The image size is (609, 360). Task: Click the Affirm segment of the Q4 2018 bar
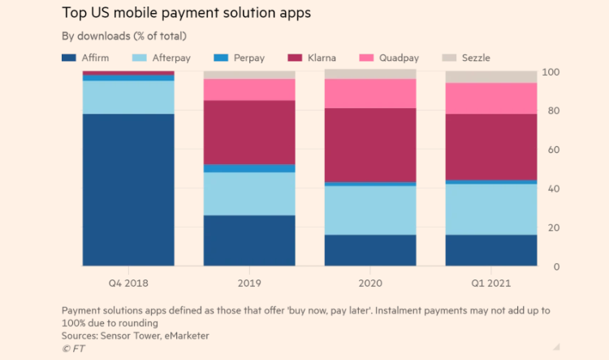128,189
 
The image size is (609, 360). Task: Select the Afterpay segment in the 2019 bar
249,193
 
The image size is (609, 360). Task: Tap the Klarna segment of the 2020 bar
370,145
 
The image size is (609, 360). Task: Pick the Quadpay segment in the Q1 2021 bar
491,98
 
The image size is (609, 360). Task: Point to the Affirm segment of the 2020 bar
370,250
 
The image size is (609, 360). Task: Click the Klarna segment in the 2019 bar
249,132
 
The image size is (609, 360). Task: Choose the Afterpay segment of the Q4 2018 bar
128,97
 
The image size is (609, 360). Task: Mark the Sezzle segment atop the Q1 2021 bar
491,76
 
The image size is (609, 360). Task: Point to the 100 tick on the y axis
551,72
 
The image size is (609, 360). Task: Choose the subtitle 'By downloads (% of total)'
124,36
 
